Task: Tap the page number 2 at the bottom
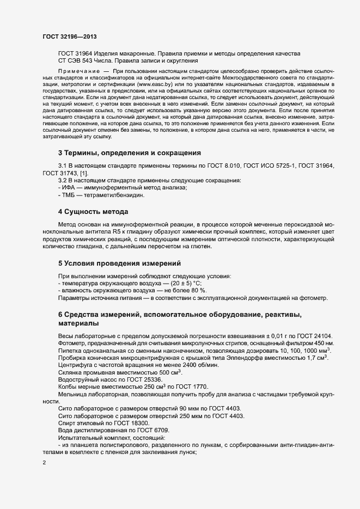click(44, 463)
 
